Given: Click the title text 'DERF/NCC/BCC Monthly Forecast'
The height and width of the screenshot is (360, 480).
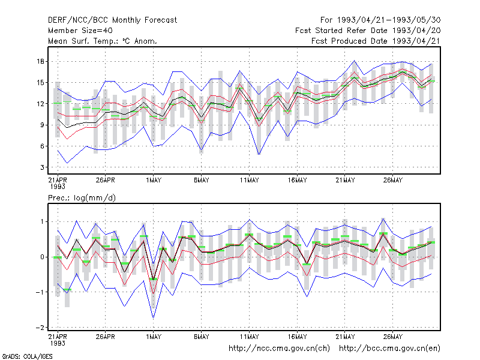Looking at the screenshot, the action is (x=112, y=20).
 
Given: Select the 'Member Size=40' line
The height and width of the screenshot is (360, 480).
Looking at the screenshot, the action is (x=80, y=31).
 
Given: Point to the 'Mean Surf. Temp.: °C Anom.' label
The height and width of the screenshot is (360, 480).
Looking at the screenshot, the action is (x=103, y=41).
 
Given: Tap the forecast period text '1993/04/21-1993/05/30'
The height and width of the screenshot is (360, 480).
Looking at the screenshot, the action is (x=389, y=20).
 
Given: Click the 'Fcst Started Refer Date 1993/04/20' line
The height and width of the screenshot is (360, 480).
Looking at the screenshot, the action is (x=368, y=31).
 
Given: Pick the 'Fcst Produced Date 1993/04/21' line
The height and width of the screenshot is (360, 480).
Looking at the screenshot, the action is (x=376, y=41).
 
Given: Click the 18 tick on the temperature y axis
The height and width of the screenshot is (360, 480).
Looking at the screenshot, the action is (x=40, y=62).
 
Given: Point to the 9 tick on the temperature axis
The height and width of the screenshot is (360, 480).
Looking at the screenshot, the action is (x=42, y=125).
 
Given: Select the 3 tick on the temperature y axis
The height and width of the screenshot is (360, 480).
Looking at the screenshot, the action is (x=42, y=167).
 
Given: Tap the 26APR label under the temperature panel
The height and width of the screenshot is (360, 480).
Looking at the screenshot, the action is (x=106, y=180).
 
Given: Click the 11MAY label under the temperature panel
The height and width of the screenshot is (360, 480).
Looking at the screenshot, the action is (x=249, y=180).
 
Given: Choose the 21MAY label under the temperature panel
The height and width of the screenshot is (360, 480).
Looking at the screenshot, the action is (x=345, y=180).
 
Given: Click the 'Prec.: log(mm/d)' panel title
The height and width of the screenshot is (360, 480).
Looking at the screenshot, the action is (x=82, y=198).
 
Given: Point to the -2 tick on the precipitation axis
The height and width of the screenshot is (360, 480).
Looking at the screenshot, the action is (x=40, y=328).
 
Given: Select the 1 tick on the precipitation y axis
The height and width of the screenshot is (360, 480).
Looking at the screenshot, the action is (x=42, y=221).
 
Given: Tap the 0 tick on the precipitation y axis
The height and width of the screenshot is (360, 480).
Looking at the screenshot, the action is (x=42, y=257).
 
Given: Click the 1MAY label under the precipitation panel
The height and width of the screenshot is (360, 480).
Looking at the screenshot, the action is (x=154, y=337).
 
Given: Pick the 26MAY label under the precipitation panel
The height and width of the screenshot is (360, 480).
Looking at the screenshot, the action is (x=393, y=337).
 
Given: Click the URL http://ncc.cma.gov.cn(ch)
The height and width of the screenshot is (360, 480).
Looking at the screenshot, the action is (x=279, y=349).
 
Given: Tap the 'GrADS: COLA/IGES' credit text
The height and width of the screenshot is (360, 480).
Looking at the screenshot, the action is (x=27, y=356).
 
